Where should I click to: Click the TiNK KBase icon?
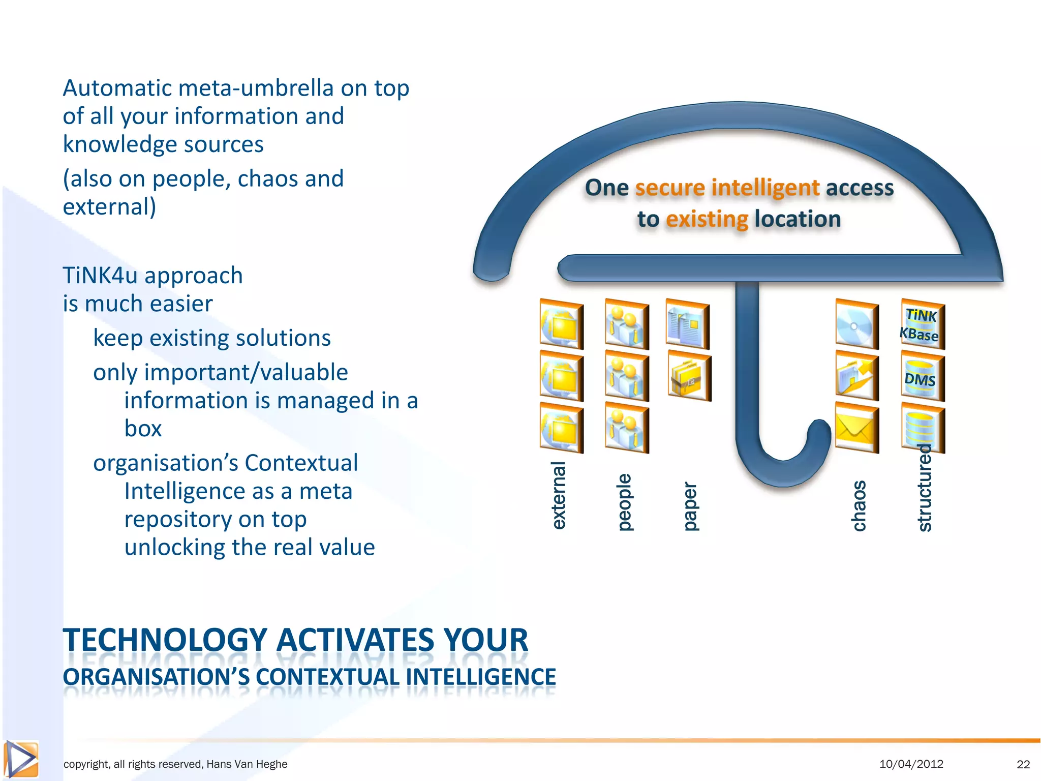click(922, 325)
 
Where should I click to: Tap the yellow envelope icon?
click(856, 429)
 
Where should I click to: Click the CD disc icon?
click(856, 325)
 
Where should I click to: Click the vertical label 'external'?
click(559, 495)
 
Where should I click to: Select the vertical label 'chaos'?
click(859, 505)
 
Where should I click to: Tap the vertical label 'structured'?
click(925, 488)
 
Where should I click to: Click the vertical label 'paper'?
click(690, 506)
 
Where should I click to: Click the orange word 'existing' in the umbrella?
click(707, 219)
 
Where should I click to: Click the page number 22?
click(1023, 764)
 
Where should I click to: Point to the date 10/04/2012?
click(911, 764)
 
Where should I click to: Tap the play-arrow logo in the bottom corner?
click(21, 759)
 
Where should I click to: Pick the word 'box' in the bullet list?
click(143, 429)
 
